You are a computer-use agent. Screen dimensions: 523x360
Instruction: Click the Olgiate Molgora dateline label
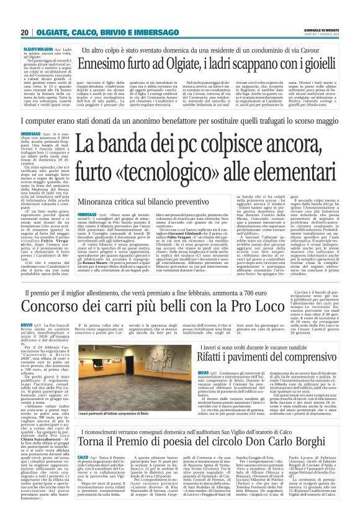click(x=38, y=47)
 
